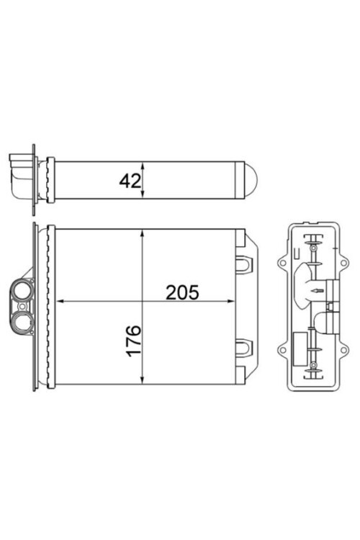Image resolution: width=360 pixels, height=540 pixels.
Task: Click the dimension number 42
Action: (x=130, y=180)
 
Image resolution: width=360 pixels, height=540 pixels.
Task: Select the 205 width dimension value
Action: (x=181, y=292)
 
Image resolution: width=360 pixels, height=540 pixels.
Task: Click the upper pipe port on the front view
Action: (x=21, y=292)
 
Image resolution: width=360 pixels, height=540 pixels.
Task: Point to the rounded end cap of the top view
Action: (x=248, y=179)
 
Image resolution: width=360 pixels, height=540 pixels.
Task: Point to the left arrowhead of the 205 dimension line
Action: (x=60, y=301)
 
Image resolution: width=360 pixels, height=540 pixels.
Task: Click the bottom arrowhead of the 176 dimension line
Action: (x=143, y=379)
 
